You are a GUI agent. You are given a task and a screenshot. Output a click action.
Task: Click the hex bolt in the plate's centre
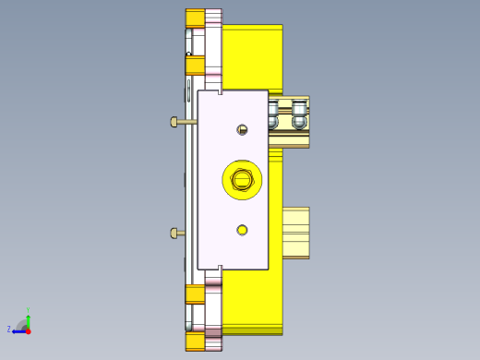click(243, 179)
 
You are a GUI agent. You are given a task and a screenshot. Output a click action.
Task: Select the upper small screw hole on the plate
click(243, 129)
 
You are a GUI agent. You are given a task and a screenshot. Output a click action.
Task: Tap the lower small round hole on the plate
click(242, 229)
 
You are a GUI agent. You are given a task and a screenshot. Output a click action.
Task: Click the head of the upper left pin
click(174, 122)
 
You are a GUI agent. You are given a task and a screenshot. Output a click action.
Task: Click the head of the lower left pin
click(174, 233)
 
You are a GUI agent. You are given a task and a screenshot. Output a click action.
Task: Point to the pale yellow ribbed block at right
click(295, 232)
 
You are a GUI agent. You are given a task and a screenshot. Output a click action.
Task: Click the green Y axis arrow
click(29, 317)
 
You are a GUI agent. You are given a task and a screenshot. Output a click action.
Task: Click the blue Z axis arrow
click(18, 330)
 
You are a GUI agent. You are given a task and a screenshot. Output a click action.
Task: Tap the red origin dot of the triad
click(28, 330)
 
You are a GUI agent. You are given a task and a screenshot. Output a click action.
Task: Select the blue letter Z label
click(9, 329)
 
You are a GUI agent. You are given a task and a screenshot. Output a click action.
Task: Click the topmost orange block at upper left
click(195, 18)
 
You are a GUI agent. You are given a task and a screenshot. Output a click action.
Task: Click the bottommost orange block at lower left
click(195, 342)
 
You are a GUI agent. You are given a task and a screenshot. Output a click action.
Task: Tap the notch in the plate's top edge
click(221, 91)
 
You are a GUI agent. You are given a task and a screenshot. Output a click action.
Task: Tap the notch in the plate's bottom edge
click(221, 268)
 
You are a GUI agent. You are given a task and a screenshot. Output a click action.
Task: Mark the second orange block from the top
click(195, 63)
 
